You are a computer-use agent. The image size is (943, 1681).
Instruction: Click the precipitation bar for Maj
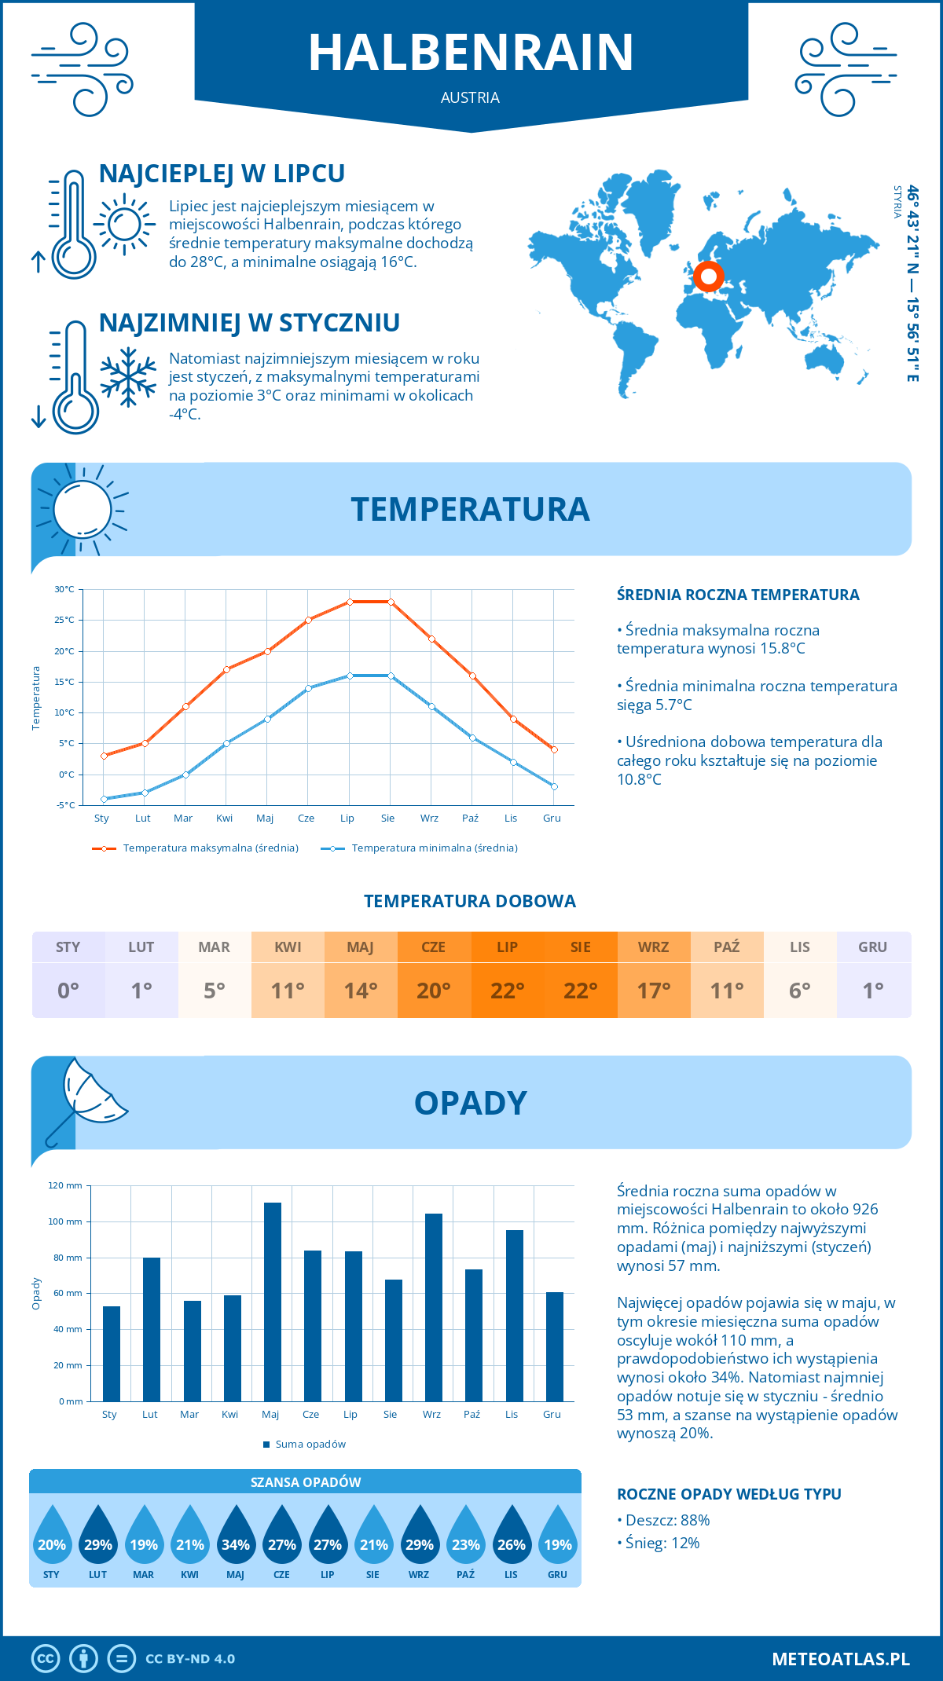272,1302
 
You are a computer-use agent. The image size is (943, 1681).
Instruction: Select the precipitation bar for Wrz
433,1307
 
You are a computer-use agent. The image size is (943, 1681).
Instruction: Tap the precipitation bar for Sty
112,1353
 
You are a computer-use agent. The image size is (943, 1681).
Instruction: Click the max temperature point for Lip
350,602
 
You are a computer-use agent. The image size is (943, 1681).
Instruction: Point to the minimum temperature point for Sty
104,799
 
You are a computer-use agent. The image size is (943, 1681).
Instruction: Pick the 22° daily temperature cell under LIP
507,990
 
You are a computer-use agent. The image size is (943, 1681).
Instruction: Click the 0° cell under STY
68,990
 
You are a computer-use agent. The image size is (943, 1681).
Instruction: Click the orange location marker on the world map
709,277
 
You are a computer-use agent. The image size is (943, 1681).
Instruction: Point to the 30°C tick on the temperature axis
64,589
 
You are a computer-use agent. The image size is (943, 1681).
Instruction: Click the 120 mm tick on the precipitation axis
65,1185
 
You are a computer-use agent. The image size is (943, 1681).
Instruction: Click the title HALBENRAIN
471,53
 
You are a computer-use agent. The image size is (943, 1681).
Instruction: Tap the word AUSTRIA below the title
470,97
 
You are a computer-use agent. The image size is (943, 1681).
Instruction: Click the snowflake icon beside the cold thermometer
128,377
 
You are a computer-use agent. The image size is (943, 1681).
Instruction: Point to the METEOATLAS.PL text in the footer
840,1658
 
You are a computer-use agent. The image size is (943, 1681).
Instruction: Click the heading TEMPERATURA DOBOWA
470,901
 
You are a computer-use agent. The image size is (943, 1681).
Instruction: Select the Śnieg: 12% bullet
659,1543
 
